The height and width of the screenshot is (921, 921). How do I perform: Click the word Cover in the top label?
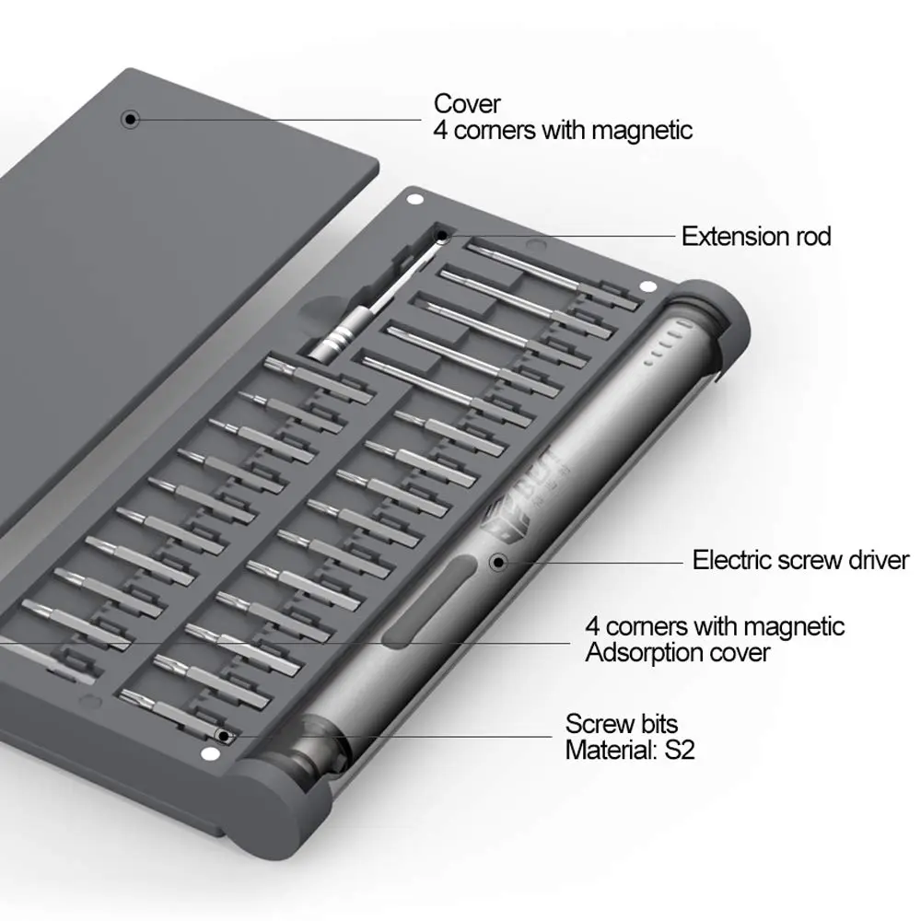click(467, 105)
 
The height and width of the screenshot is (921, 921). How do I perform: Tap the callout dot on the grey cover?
click(130, 119)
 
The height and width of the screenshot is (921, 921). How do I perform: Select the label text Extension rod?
click(756, 237)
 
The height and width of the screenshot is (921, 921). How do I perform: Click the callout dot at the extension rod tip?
click(442, 236)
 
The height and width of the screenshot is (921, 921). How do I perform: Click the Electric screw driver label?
click(800, 560)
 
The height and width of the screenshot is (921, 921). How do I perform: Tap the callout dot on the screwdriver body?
click(498, 563)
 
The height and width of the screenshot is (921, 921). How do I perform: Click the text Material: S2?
click(630, 750)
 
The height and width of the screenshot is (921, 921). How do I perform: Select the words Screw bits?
click(622, 724)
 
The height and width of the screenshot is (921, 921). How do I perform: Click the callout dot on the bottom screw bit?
click(223, 736)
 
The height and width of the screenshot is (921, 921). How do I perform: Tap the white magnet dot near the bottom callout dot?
click(206, 754)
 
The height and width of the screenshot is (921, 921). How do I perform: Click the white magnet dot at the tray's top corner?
click(415, 200)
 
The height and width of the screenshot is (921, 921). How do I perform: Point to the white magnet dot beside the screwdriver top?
click(648, 287)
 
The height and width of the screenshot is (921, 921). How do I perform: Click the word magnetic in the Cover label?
click(642, 131)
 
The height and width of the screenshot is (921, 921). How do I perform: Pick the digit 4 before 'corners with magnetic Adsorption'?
click(592, 626)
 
